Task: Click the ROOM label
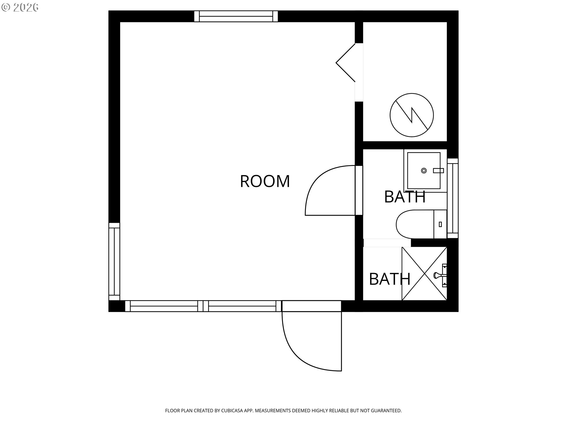pyautogui.click(x=265, y=181)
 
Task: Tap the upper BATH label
pyautogui.click(x=405, y=197)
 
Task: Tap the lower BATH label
pyautogui.click(x=390, y=279)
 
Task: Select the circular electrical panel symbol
pyautogui.click(x=412, y=115)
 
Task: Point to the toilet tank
pyautogui.click(x=440, y=224)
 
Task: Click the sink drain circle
pyautogui.click(x=424, y=171)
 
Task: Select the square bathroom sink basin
pyautogui.click(x=424, y=171)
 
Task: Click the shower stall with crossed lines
pyautogui.click(x=424, y=274)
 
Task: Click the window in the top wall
pyautogui.click(x=236, y=16)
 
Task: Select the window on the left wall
pyautogui.click(x=114, y=261)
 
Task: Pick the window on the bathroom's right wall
pyautogui.click(x=453, y=198)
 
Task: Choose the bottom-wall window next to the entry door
pyautogui.click(x=242, y=306)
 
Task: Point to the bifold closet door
pyautogui.click(x=346, y=63)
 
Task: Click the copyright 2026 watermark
pyautogui.click(x=20, y=7)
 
